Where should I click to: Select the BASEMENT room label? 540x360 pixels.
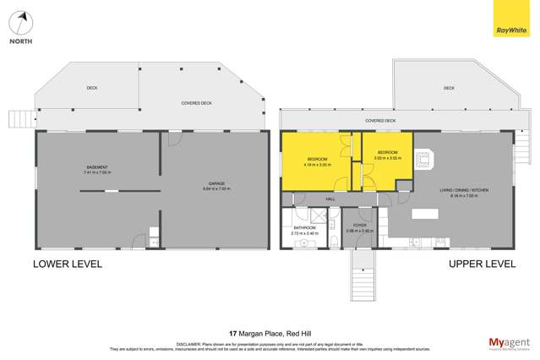(97, 167)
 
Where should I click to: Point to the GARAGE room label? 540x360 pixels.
(217, 184)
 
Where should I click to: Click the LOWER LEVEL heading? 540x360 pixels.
(68, 264)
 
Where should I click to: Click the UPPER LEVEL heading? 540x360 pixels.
(481, 264)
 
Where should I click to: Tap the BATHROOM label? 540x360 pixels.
(304, 227)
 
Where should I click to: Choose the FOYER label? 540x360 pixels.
(359, 226)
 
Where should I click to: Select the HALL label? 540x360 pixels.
(330, 199)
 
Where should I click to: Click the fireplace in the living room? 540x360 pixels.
(423, 158)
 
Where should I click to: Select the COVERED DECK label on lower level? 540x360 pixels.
(196, 103)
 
